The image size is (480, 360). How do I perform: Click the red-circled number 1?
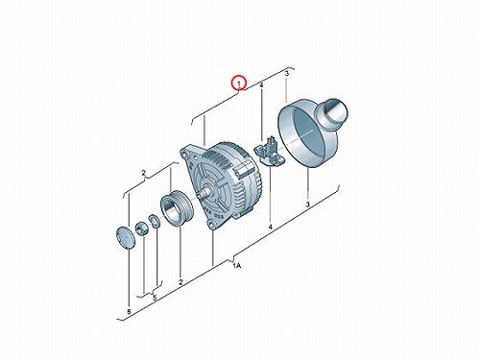239,84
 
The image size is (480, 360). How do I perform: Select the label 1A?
237,266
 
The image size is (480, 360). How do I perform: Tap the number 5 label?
155,298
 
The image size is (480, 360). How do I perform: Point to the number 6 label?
129,312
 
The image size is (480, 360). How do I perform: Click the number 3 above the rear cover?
287,74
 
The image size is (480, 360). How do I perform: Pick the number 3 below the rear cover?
308,204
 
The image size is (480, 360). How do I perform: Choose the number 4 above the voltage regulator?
261,85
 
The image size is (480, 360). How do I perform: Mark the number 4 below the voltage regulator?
271,227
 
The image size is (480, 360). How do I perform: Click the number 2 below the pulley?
180,282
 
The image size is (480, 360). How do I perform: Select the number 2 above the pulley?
144,173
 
